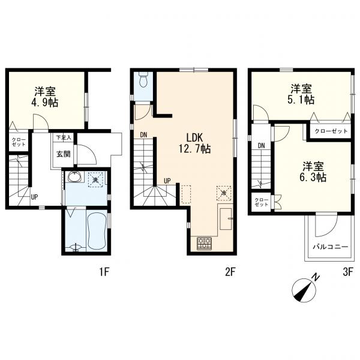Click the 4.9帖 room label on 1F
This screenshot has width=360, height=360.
[45, 97]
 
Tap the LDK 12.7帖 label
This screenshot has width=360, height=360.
[194, 143]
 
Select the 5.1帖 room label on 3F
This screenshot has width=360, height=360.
[301, 94]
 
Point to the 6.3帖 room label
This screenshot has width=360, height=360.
[313, 172]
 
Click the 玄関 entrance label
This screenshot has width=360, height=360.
[64, 154]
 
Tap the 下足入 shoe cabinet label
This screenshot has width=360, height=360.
[64, 138]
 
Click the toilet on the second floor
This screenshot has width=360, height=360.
[144, 79]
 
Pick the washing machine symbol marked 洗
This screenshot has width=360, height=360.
[97, 179]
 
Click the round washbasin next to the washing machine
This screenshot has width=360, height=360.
[74, 177]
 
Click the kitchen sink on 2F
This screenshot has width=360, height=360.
[227, 219]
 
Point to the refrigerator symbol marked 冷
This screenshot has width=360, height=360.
[224, 193]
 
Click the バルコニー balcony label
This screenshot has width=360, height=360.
[331, 247]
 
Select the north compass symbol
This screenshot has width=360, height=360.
[304, 287]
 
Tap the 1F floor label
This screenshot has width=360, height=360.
[104, 272]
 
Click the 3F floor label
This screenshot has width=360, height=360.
[347, 272]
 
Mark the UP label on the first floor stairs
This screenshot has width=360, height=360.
[34, 197]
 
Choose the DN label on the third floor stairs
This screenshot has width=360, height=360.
[261, 146]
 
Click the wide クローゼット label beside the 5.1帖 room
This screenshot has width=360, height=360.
[331, 131]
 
